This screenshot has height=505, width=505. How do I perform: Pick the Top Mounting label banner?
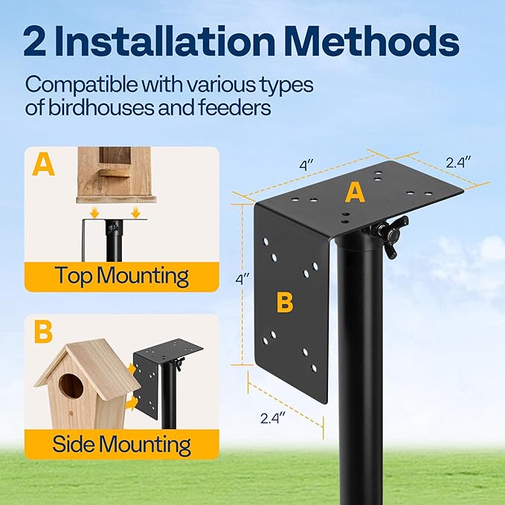tap(122, 276)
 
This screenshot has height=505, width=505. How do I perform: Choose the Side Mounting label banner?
tap(122, 444)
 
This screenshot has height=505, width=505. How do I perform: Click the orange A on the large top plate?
tap(355, 193)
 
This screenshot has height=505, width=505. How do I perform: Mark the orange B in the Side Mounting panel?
tap(43, 332)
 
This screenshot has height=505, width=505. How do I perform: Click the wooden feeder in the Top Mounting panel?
tap(115, 173)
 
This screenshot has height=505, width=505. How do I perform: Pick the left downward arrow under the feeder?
tap(93, 213)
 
